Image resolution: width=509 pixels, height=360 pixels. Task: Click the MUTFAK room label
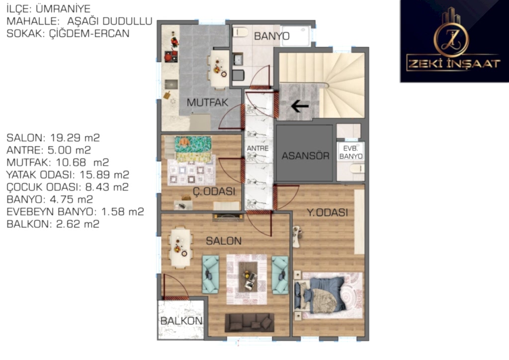[207, 102]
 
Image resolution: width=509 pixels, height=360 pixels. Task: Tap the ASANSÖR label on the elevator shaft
[305, 156]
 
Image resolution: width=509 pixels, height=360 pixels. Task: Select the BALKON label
[181, 321]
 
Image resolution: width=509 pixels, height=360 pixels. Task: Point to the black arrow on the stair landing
[300, 106]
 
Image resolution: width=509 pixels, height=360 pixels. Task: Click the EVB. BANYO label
[350, 152]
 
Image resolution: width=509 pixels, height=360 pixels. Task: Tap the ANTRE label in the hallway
[258, 148]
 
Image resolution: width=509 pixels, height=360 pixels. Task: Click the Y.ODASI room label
[327, 213]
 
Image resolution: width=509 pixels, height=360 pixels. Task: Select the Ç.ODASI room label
[214, 191]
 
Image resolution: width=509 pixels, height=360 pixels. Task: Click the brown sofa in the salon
[250, 322]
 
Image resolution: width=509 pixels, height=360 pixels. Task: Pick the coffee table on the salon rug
[249, 276]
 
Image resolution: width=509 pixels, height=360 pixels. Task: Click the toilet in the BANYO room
[241, 32]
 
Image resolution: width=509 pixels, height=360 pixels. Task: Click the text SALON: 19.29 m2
[53, 138]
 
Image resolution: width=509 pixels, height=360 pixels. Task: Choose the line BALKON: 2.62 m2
[53, 224]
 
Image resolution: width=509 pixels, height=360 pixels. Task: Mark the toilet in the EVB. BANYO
[357, 168]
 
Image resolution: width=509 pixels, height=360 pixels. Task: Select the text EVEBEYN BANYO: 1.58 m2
[76, 212]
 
